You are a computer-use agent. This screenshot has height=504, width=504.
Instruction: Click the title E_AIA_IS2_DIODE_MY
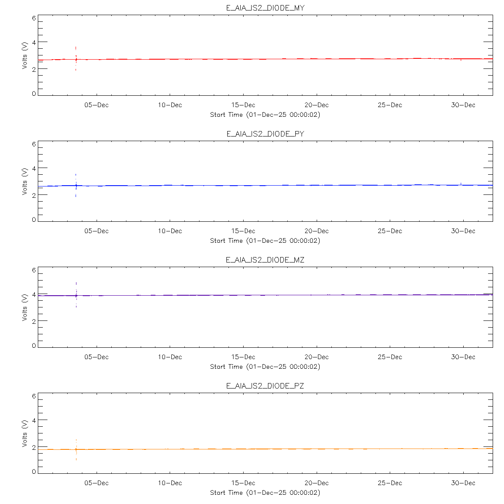coord(265,8)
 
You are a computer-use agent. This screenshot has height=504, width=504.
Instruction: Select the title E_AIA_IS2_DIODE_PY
coord(265,134)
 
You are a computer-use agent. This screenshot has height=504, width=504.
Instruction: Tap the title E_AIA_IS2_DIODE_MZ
coord(265,260)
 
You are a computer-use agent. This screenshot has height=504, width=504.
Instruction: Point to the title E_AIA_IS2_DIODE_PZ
coord(265,386)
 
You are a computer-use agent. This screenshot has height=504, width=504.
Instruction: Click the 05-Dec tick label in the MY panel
coord(97,105)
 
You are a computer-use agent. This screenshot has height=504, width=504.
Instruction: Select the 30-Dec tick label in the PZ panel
coord(463,483)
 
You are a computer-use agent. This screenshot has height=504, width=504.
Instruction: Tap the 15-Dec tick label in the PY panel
coord(243,231)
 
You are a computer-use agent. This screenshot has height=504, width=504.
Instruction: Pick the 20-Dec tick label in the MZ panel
coord(317,357)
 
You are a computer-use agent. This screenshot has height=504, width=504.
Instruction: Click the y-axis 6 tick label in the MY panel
coord(34,18)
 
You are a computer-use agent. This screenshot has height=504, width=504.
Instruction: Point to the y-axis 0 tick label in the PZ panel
coord(34,472)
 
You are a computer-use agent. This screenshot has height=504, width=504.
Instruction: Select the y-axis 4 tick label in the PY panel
coord(34,168)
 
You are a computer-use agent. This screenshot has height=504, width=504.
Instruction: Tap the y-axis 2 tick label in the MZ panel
coord(34,321)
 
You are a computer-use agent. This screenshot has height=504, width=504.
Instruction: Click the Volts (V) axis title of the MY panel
coord(25,55)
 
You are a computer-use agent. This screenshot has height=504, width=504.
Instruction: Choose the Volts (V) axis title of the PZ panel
coord(25,433)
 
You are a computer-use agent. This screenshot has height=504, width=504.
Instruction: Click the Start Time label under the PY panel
coord(265,241)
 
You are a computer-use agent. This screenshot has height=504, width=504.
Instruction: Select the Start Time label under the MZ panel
coord(265,367)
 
